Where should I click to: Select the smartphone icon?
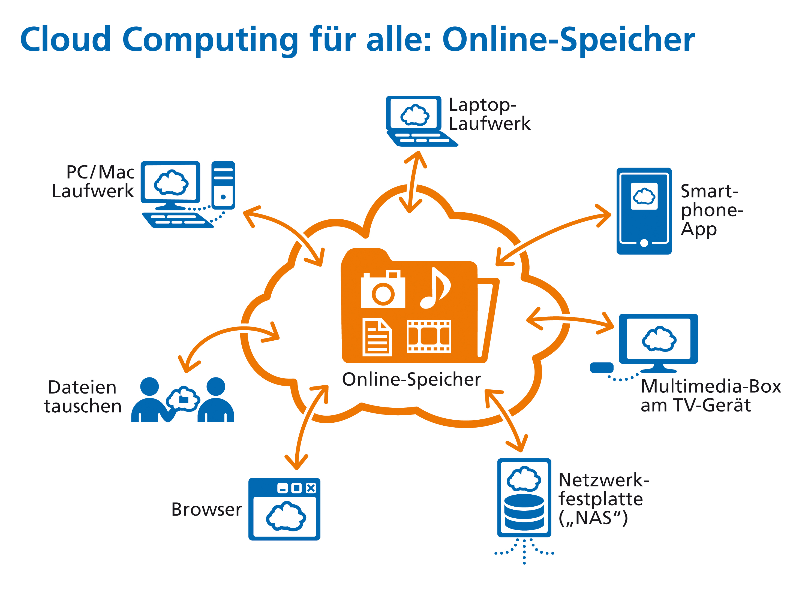coord(644,211)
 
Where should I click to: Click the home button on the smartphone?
coord(644,243)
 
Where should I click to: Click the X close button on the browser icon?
coord(311,488)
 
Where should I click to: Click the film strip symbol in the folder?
coord(428,337)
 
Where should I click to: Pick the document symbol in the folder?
coord(377,337)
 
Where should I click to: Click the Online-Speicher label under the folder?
coord(411,379)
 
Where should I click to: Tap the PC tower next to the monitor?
coord(223,185)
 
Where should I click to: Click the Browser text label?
coord(206,509)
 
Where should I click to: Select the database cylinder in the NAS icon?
coord(524,512)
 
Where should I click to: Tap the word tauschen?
coord(83,406)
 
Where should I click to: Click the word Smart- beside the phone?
coord(709,191)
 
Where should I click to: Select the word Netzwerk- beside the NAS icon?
coord(603,480)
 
